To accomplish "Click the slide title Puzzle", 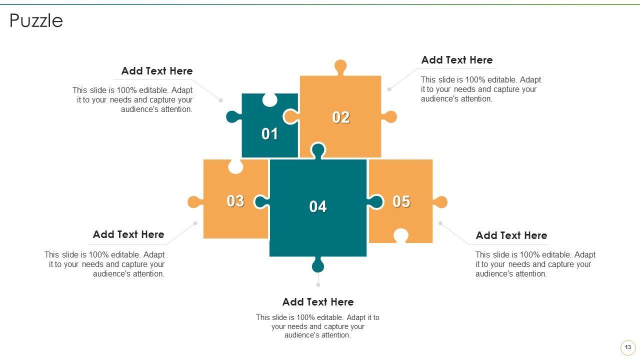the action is [x=36, y=21].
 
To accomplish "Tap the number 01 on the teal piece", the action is [x=269, y=133].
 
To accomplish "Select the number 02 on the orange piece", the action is [x=340, y=117].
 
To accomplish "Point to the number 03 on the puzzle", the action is [x=235, y=201].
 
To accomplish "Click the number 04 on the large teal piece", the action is [x=317, y=206].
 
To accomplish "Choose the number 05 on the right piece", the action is [x=401, y=201].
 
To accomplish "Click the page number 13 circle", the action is [x=627, y=347].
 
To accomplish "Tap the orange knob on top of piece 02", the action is [x=340, y=67].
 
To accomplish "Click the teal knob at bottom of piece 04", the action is [x=318, y=264].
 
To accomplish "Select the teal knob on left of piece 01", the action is [x=233, y=117].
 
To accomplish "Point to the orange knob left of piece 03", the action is [x=195, y=202].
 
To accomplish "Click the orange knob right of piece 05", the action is [x=440, y=202].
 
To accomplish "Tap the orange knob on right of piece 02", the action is [x=389, y=117].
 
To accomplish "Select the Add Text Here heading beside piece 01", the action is [x=157, y=71].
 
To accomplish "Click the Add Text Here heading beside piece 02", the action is [x=457, y=60].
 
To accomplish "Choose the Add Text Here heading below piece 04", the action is [x=318, y=302].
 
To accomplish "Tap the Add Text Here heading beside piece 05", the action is [x=511, y=235].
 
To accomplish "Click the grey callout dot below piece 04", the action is [x=318, y=285].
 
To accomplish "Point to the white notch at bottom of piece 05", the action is [x=401, y=235].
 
